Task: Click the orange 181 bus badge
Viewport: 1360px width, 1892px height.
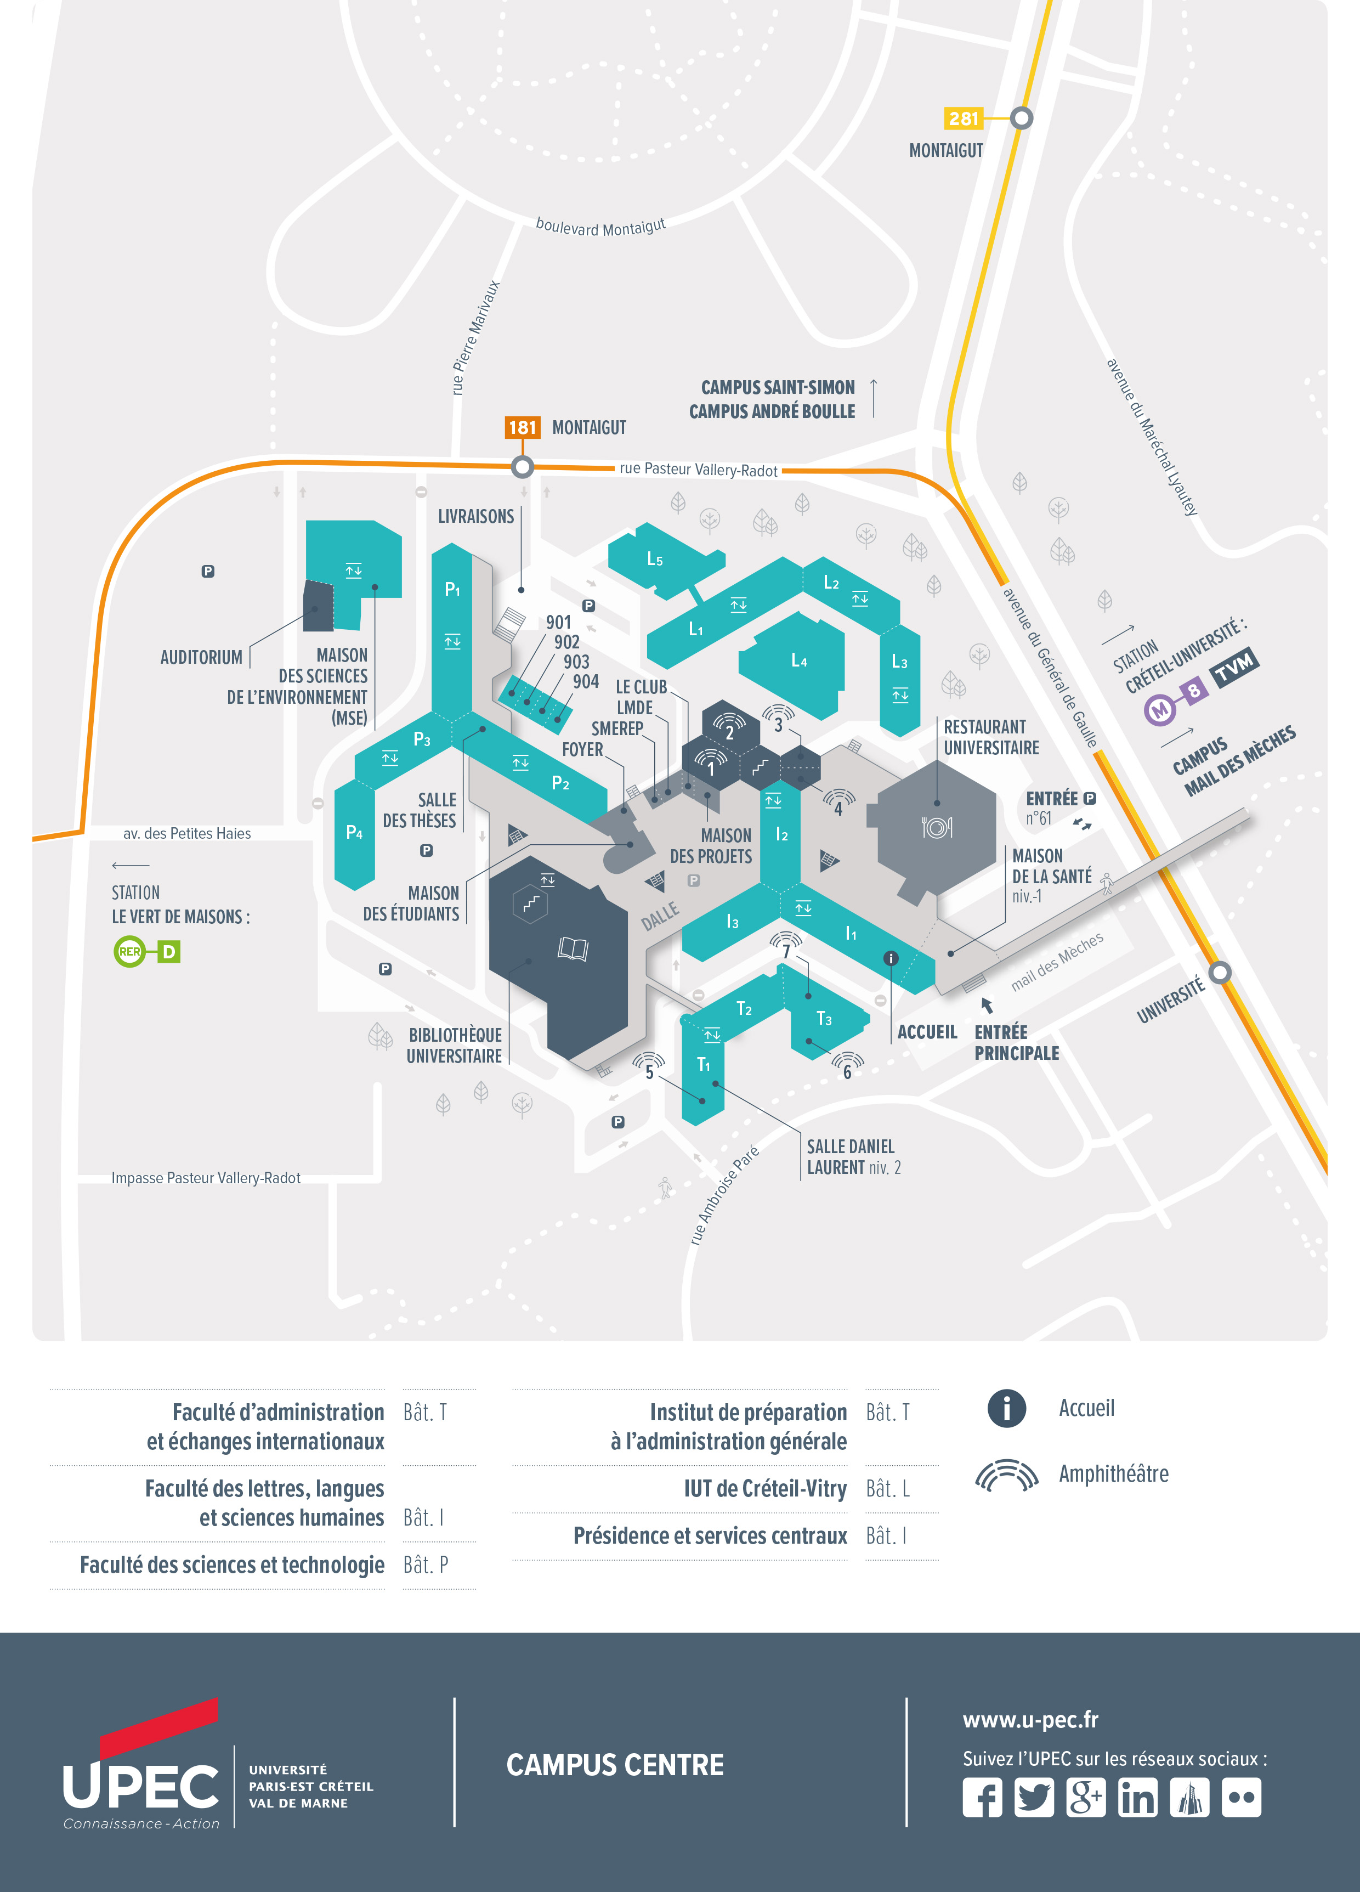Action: (522, 427)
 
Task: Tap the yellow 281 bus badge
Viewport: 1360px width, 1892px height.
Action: (963, 118)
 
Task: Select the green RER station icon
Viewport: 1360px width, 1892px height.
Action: (129, 951)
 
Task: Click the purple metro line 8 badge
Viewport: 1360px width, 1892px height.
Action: (1194, 690)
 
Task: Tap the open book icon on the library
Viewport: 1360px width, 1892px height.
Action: (573, 948)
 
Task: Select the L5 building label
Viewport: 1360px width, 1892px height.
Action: (655, 560)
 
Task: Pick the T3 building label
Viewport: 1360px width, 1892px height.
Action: (824, 1019)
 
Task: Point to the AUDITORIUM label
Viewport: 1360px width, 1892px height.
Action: (201, 657)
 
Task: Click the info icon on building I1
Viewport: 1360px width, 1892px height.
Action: (891, 958)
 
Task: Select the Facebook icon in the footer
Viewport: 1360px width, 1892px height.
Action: (982, 1797)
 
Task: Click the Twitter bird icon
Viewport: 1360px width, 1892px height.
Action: (1034, 1797)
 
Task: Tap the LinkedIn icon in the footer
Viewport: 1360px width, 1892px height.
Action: (1137, 1797)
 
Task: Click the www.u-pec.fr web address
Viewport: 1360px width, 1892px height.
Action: (1030, 1719)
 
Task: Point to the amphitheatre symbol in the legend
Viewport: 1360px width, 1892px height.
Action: (1006, 1475)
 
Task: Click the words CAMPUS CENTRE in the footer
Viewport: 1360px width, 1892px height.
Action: (615, 1765)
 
